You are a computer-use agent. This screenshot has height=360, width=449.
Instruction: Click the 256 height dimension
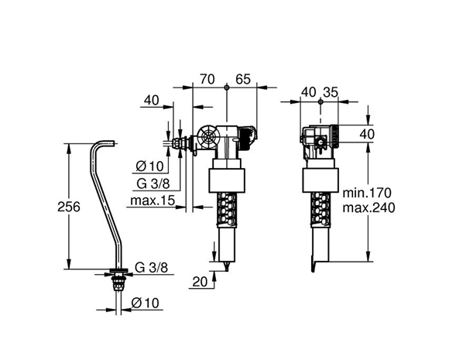pos(69,207)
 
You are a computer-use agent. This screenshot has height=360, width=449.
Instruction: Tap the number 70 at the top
pos(207,79)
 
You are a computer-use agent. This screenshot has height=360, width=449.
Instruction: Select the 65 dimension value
pos(243,79)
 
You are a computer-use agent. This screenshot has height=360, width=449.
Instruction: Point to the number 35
pos(331,92)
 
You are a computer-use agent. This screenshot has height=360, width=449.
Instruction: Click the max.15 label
pos(153,201)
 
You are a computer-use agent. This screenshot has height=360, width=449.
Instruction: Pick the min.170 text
pos(367,193)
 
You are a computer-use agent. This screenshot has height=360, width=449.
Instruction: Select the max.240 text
pos(368,207)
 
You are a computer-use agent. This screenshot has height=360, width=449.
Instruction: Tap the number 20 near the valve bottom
pos(200,282)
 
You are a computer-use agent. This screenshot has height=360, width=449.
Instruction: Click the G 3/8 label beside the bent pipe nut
pos(152,268)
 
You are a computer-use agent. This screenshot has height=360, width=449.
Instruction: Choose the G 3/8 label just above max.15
pos(153,183)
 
